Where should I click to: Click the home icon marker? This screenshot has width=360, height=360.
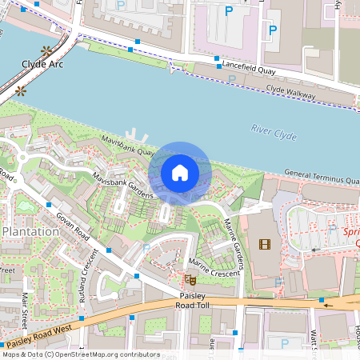pyautogui.click(x=180, y=173)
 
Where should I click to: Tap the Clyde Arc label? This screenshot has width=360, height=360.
pyautogui.click(x=43, y=63)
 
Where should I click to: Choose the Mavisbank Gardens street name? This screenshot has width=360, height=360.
pyautogui.click(x=122, y=189)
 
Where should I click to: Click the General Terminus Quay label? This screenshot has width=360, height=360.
pyautogui.click(x=320, y=176)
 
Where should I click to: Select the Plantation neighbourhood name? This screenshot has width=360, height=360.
pyautogui.click(x=30, y=231)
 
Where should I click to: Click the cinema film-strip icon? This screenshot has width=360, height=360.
pyautogui.click(x=265, y=244)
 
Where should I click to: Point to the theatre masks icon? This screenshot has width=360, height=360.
pyautogui.click(x=190, y=279)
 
